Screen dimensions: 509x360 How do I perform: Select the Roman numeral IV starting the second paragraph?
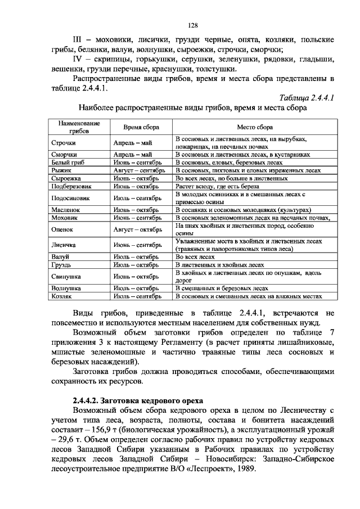pyautogui.click(x=78, y=58)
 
